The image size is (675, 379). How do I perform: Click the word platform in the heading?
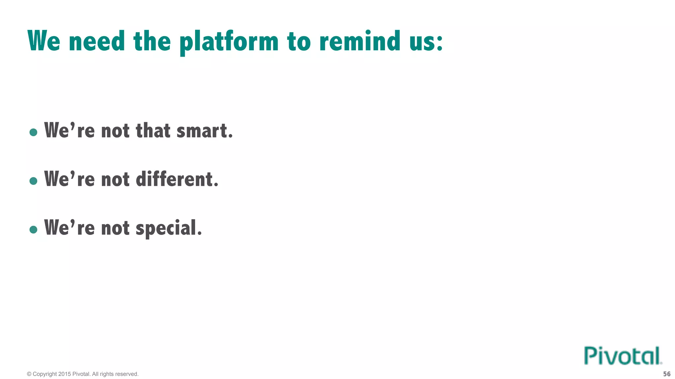pyautogui.click(x=229, y=42)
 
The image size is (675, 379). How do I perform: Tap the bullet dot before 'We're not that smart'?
pyautogui.click(x=33, y=132)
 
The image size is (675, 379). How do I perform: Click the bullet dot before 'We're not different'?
pyautogui.click(x=33, y=181)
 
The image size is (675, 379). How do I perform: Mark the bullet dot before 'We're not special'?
pyautogui.click(x=33, y=230)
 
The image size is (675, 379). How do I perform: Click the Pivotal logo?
pyautogui.click(x=623, y=356)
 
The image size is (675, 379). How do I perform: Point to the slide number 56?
pyautogui.click(x=666, y=374)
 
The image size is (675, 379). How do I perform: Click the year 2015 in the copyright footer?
pyautogui.click(x=65, y=374)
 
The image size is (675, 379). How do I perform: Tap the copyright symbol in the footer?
pyautogui.click(x=29, y=374)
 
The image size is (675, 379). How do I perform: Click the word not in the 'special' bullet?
pyautogui.click(x=115, y=228)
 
